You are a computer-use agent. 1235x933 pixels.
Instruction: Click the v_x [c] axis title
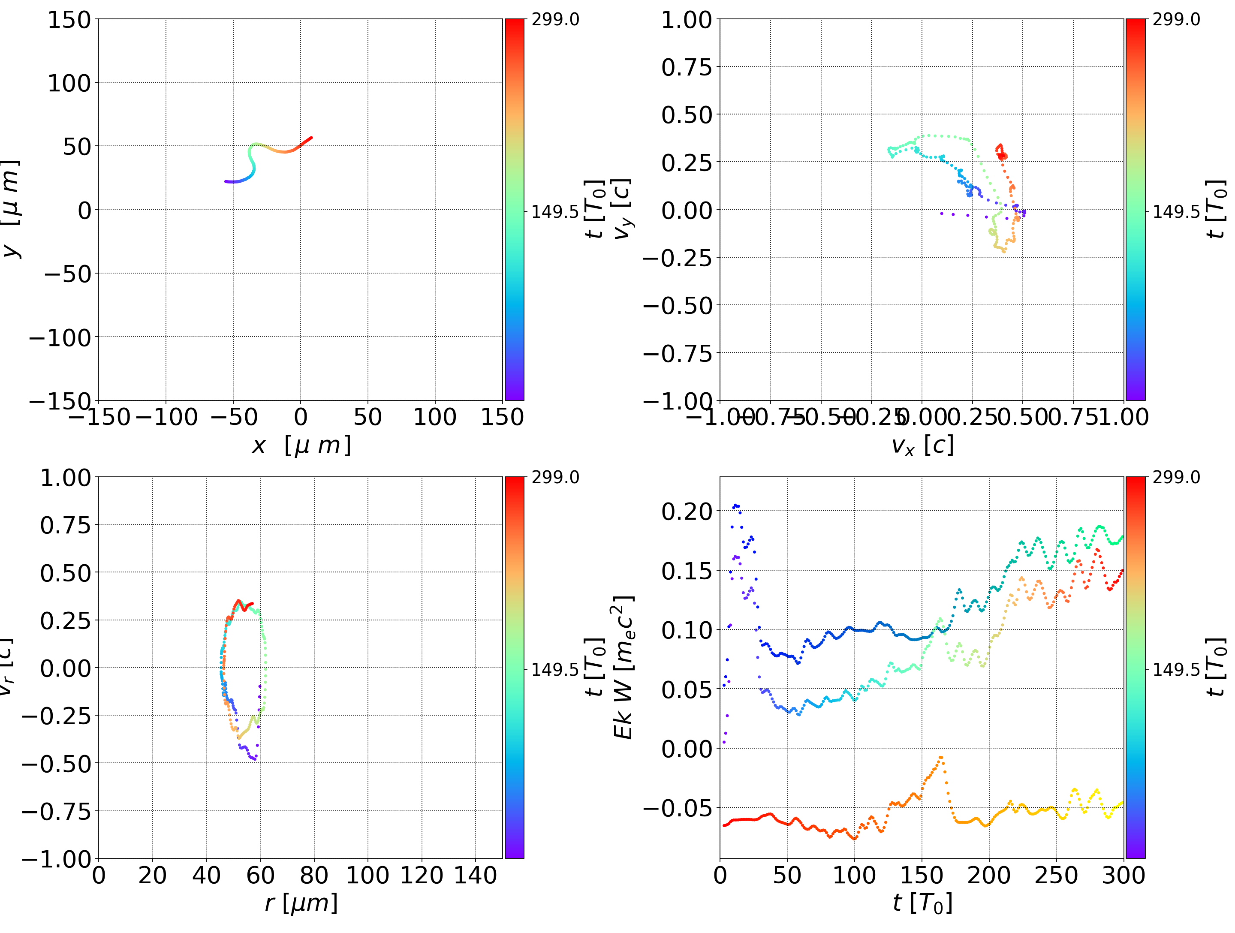[922, 445]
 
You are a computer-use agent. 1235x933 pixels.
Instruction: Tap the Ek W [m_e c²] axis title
[624, 667]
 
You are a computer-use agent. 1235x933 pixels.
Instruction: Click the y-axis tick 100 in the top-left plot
[69, 83]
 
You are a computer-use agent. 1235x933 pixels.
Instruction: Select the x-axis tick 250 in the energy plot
[1056, 875]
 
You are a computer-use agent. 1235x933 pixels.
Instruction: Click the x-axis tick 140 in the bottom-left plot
[475, 875]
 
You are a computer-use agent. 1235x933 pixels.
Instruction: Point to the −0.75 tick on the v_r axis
[56, 811]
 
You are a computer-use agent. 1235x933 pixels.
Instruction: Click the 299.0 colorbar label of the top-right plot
[1176, 20]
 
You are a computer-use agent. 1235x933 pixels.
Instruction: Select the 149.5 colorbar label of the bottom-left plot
[555, 669]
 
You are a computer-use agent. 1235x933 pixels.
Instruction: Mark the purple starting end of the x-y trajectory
[226, 181]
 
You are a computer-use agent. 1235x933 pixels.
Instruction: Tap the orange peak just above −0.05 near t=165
[941, 758]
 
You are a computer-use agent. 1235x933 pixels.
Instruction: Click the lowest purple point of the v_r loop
[255, 759]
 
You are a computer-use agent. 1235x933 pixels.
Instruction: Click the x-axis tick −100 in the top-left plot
[166, 417]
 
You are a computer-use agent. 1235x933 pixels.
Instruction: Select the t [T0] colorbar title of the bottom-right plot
[1216, 667]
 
